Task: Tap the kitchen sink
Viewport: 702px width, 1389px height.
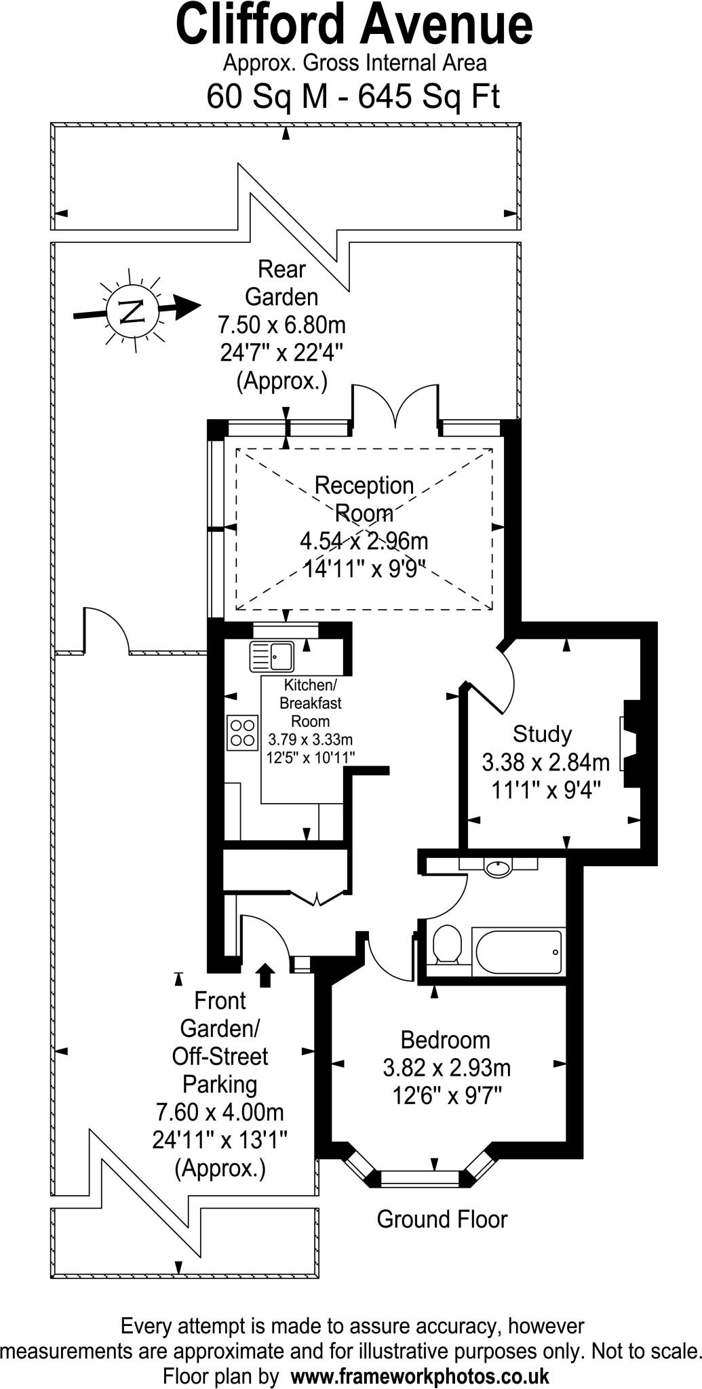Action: [x=271, y=657]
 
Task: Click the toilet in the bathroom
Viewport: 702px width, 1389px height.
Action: [x=446, y=944]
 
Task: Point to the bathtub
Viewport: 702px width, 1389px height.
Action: [x=518, y=952]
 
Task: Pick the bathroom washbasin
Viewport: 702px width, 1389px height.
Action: [x=499, y=867]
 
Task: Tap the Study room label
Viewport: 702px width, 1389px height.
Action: [x=542, y=734]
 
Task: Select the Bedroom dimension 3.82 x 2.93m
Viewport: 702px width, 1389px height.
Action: [x=446, y=1068]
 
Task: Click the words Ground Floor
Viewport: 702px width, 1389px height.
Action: [x=442, y=1219]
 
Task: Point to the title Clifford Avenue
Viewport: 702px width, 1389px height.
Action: [x=354, y=26]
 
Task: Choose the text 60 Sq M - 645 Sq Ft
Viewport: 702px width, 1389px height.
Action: [x=353, y=96]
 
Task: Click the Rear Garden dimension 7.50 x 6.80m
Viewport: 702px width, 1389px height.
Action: [x=281, y=325]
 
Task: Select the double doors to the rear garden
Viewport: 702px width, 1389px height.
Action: [x=394, y=407]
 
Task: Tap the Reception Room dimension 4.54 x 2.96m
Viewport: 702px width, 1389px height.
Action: [x=364, y=541]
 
